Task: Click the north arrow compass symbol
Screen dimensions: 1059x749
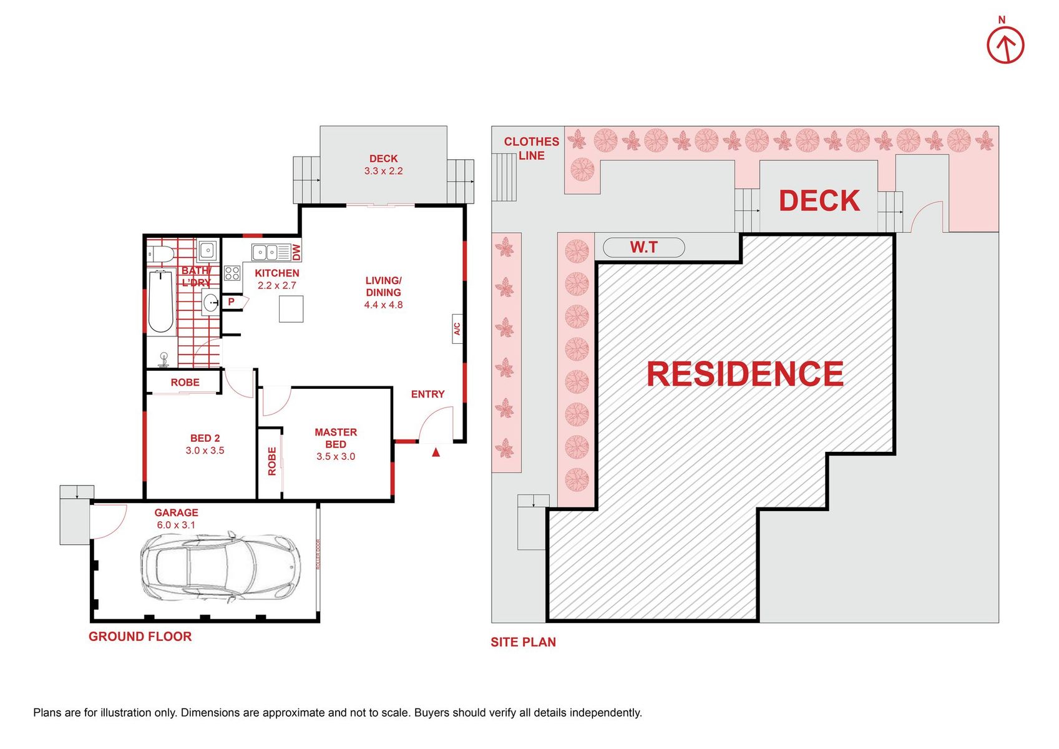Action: click(x=1005, y=45)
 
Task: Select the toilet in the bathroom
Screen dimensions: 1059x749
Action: click(x=160, y=254)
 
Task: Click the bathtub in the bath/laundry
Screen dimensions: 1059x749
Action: click(x=161, y=301)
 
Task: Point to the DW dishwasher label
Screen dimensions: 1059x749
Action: click(x=296, y=252)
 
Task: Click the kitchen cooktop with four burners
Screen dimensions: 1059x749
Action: click(x=232, y=273)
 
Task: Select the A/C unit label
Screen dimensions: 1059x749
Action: click(x=457, y=329)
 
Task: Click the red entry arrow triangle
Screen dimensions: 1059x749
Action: click(x=436, y=453)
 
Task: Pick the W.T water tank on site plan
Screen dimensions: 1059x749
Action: click(x=644, y=247)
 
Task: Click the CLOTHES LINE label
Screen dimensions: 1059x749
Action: click(x=532, y=149)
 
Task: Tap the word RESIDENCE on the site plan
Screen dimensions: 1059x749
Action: click(x=745, y=373)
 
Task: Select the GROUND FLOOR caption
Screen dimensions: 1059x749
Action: click(x=140, y=637)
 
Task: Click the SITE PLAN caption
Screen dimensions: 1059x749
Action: click(x=524, y=642)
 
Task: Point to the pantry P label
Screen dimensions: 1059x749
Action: click(x=231, y=301)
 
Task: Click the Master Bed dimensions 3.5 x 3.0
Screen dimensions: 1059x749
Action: click(x=336, y=456)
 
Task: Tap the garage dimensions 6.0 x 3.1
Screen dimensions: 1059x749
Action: click(x=176, y=524)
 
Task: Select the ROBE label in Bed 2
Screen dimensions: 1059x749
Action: click(x=185, y=382)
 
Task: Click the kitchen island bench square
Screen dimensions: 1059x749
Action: click(x=291, y=309)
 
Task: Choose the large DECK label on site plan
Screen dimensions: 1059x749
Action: click(x=819, y=200)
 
